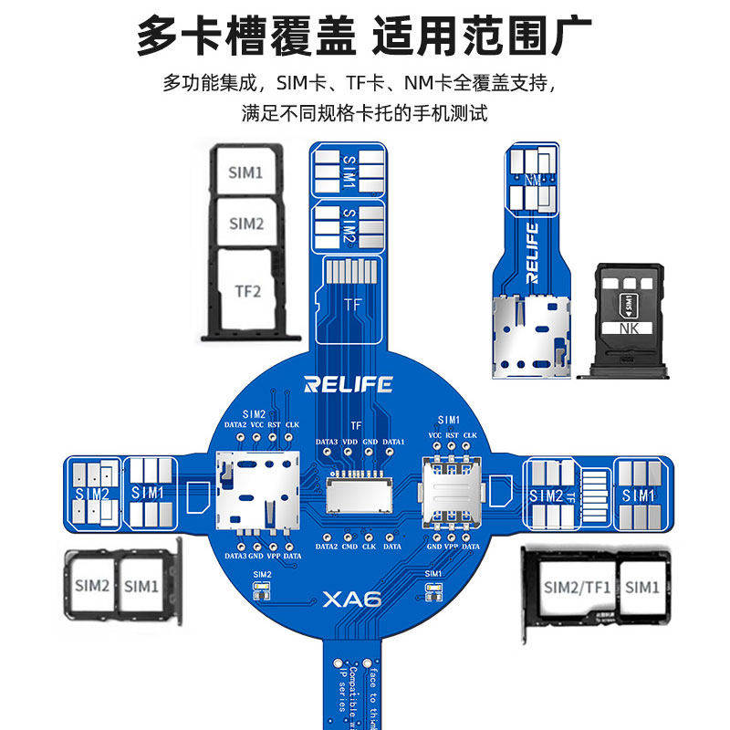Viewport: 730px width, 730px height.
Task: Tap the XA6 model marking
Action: click(351, 600)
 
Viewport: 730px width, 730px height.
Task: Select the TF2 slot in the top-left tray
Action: click(248, 292)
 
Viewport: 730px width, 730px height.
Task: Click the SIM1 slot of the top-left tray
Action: click(245, 172)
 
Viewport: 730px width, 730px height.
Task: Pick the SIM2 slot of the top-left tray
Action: click(245, 224)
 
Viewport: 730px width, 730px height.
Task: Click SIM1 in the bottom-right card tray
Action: click(641, 587)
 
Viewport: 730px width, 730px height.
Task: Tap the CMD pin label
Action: click(347, 547)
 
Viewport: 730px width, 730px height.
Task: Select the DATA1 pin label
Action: click(392, 443)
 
